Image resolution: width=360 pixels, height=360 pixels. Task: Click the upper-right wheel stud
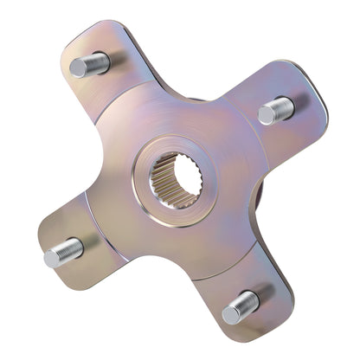coord(275,109)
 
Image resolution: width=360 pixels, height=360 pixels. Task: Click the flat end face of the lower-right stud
coord(230,312)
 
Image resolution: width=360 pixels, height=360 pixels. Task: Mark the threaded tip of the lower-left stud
coord(52,255)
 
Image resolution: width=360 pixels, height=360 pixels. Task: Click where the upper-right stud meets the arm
coord(289,105)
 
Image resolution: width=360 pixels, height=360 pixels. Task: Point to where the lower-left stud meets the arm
coord(80,247)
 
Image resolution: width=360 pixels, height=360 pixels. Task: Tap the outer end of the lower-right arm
coord(265,312)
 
